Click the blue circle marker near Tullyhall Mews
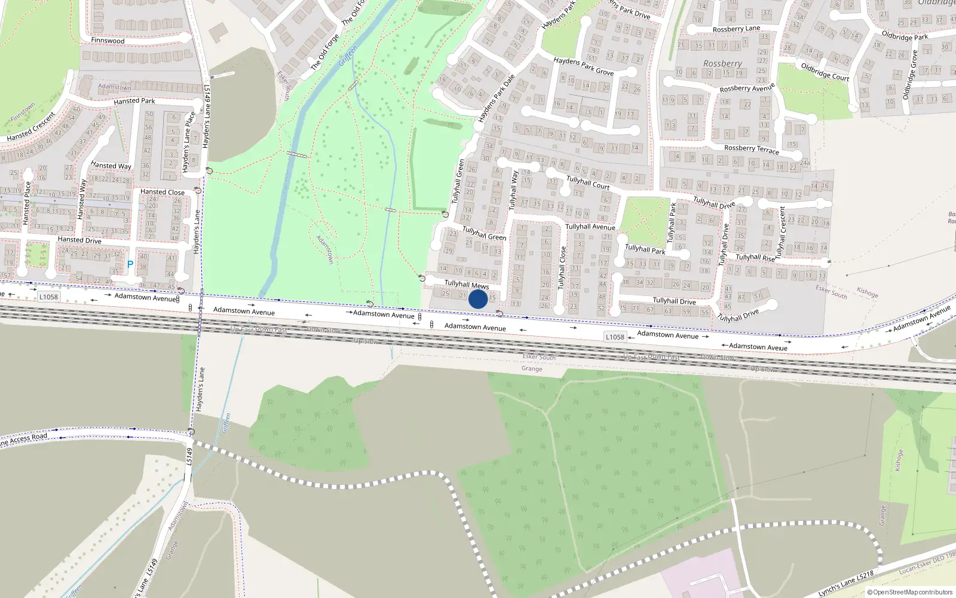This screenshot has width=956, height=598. [478, 300]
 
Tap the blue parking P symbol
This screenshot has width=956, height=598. [130, 264]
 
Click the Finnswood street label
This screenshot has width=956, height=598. [108, 41]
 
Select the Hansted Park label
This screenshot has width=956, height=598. [134, 101]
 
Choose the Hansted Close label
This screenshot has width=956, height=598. [163, 192]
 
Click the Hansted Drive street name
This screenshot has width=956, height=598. [79, 240]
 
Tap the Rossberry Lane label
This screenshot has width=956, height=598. [736, 29]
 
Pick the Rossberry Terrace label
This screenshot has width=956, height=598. [751, 149]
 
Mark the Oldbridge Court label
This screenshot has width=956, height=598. [825, 72]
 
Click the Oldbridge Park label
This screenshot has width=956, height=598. [905, 36]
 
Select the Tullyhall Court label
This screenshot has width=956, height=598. [588, 182]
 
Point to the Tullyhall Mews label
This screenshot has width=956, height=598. [467, 285]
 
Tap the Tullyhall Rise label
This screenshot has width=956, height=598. [755, 258]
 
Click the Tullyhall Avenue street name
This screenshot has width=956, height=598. [590, 227]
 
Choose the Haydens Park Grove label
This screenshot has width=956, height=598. [583, 66]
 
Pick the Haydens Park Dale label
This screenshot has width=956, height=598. [497, 99]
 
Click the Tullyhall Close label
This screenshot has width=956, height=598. [562, 268]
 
